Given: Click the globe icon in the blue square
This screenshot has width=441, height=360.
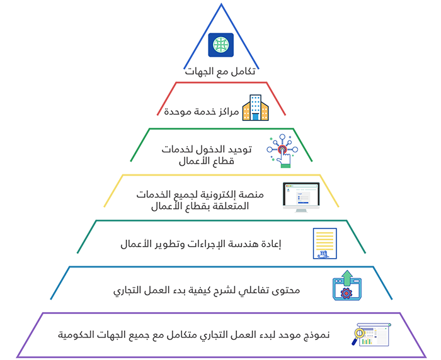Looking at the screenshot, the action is pyautogui.click(x=220, y=45).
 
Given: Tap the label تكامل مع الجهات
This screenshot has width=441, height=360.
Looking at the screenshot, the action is pyautogui.click(x=220, y=71).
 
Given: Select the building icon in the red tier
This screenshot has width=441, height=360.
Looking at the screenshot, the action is pyautogui.click(x=255, y=108).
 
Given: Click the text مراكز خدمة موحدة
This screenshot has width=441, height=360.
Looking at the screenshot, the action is pyautogui.click(x=202, y=111).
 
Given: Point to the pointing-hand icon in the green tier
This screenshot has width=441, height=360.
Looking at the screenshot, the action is pyautogui.click(x=282, y=151).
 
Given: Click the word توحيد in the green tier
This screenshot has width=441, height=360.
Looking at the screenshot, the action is pyautogui.click(x=239, y=149).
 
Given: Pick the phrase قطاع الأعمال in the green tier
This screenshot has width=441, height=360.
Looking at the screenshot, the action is pyautogui.click(x=207, y=161).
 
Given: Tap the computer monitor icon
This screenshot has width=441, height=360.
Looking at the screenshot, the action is pyautogui.click(x=301, y=197).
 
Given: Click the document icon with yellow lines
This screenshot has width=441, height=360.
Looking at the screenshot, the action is pyautogui.click(x=325, y=244).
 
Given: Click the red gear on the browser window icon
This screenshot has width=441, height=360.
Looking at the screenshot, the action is pyautogui.click(x=346, y=293).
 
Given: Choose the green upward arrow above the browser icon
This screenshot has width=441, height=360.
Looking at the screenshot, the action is pyautogui.click(x=348, y=278).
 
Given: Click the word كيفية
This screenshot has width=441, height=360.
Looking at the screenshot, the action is pyautogui.click(x=200, y=290).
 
